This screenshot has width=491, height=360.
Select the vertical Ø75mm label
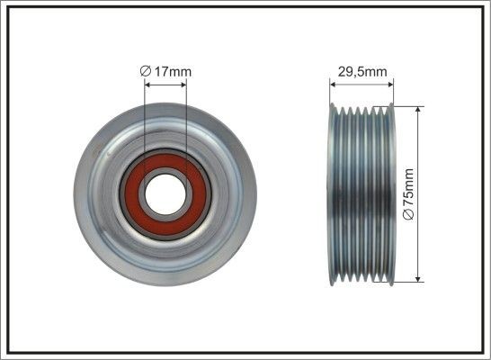click(408, 193)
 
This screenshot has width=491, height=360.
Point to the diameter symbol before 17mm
click(148, 71)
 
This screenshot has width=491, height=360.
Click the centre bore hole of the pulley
click(165, 194)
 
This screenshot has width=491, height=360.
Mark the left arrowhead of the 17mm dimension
click(147, 86)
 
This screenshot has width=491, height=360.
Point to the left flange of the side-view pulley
click(333, 194)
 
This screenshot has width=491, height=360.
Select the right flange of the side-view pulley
click(393, 194)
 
